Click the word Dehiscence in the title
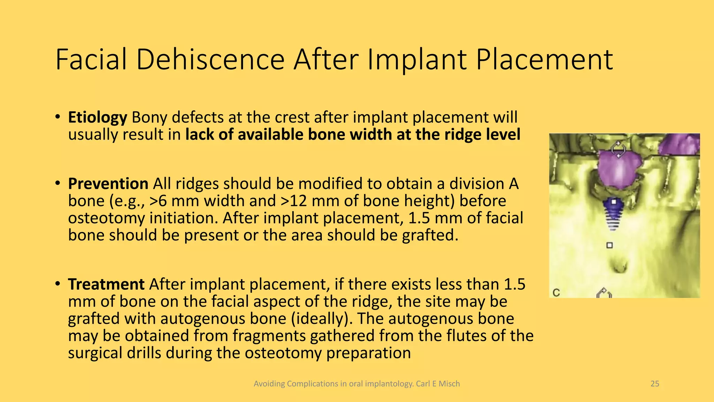pyautogui.click(x=210, y=59)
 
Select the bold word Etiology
pyautogui.click(x=97, y=118)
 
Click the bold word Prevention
pyautogui.click(x=108, y=184)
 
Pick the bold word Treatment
pyautogui.click(x=106, y=284)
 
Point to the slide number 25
pyautogui.click(x=655, y=384)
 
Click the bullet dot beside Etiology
pyautogui.click(x=58, y=118)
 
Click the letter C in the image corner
pyautogui.click(x=556, y=292)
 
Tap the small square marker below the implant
pyautogui.click(x=609, y=245)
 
